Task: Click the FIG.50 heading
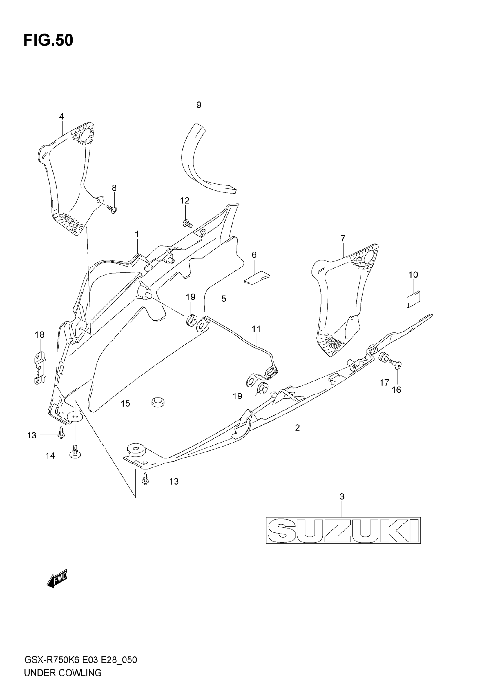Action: pyautogui.click(x=48, y=40)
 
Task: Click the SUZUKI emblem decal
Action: pyautogui.click(x=343, y=530)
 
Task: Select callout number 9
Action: pyautogui.click(x=199, y=105)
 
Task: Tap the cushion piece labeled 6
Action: pyautogui.click(x=257, y=278)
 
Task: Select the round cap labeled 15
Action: pyautogui.click(x=158, y=402)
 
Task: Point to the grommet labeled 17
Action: pyautogui.click(x=384, y=357)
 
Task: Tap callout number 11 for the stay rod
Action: pyautogui.click(x=256, y=329)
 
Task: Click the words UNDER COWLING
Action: pyautogui.click(x=63, y=682)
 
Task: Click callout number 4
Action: pyautogui.click(x=61, y=117)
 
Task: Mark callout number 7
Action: pyautogui.click(x=343, y=238)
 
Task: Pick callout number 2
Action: pyautogui.click(x=297, y=427)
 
